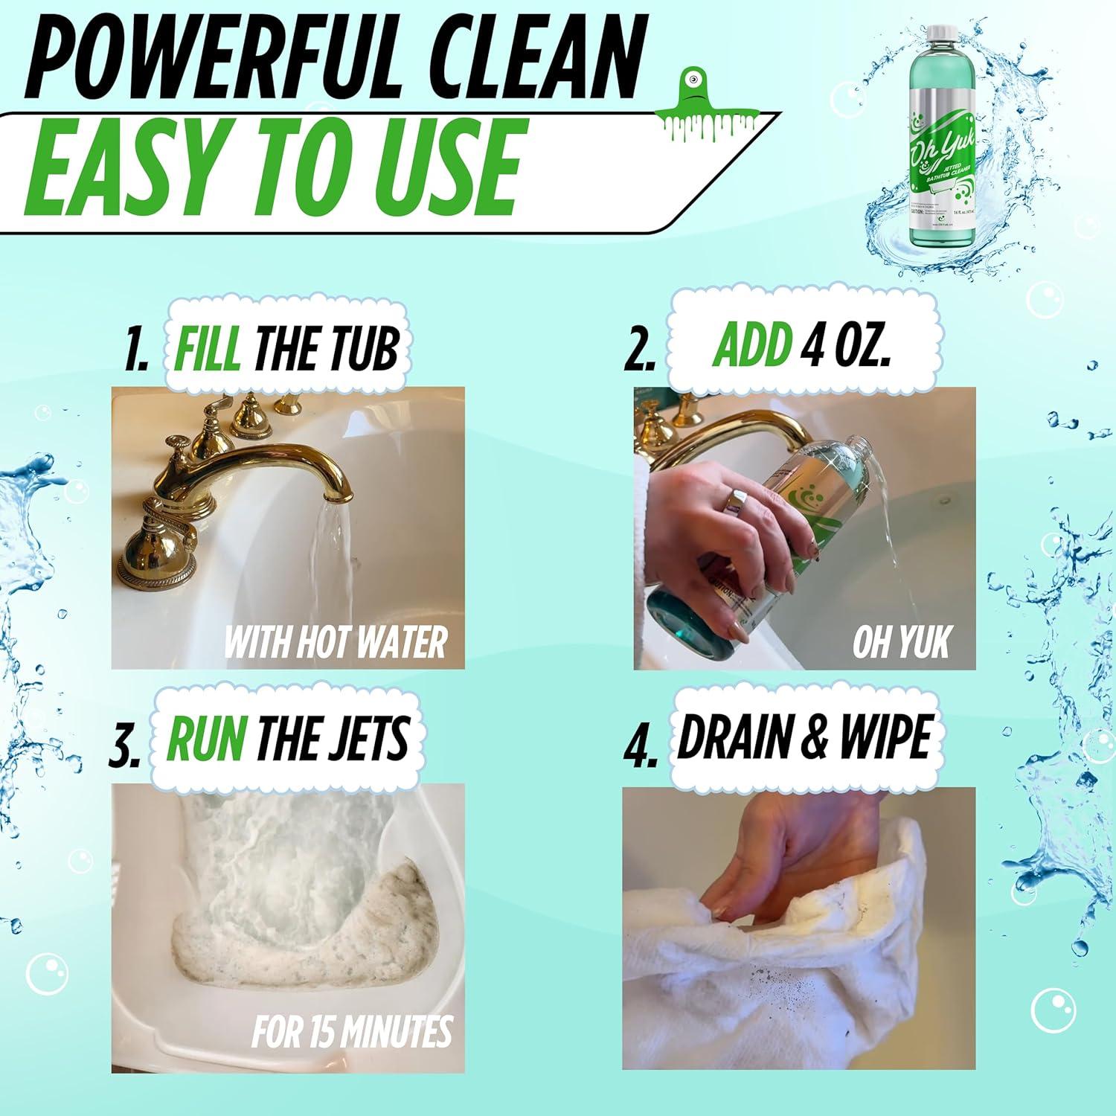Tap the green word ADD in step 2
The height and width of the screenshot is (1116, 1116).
click(751, 345)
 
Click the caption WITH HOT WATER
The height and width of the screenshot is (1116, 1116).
click(335, 641)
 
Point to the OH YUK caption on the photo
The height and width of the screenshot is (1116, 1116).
click(902, 641)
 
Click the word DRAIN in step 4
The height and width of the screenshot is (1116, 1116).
click(734, 737)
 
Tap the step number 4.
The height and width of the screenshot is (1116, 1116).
click(641, 748)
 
